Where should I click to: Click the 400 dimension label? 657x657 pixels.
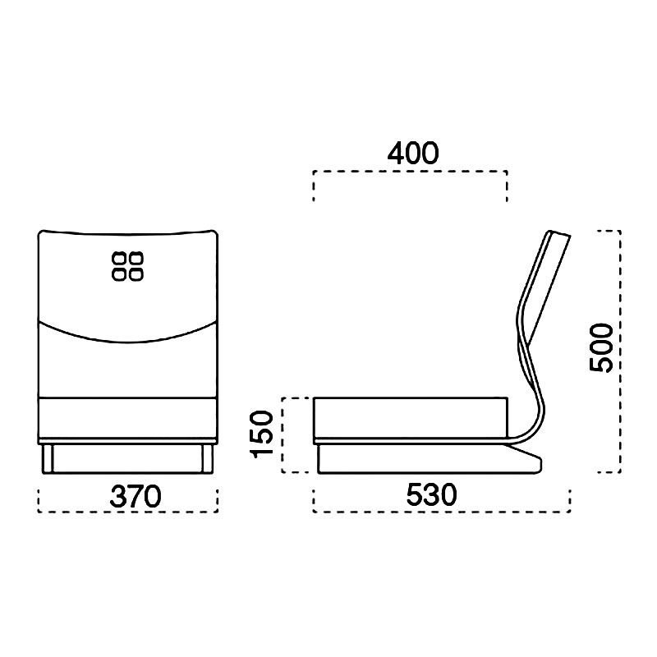point(413,154)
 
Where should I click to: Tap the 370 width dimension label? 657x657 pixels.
point(136,496)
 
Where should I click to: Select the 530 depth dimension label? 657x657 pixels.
point(432,495)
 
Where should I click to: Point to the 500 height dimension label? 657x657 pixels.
point(601,347)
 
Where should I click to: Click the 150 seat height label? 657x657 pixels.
point(261,434)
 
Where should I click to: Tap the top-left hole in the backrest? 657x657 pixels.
point(119,259)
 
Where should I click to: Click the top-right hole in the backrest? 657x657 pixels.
point(136,259)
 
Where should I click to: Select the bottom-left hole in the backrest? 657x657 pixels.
point(119,274)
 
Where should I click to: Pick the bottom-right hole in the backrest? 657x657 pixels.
point(136,274)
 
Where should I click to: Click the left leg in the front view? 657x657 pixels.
point(48,459)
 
